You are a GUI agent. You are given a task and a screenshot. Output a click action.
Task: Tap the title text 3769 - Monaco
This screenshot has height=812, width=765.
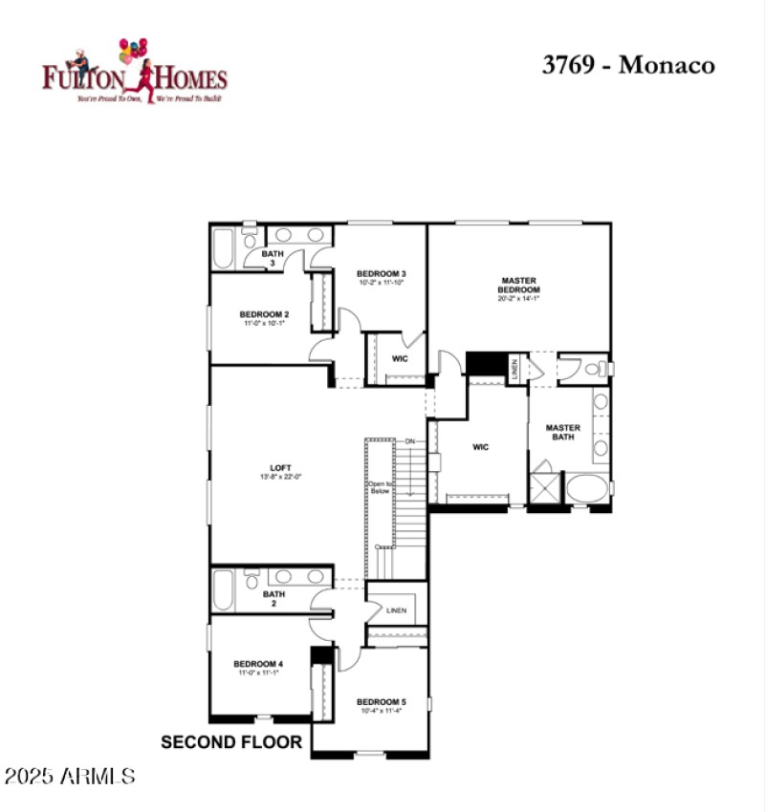pyautogui.click(x=628, y=65)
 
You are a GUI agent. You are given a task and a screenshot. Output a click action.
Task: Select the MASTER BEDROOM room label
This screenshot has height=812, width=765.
pyautogui.click(x=520, y=285)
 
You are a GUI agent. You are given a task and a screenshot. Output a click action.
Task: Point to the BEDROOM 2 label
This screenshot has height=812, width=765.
pyautogui.click(x=264, y=314)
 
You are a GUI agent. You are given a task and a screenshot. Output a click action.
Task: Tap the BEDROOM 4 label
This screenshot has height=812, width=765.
pyautogui.click(x=258, y=664)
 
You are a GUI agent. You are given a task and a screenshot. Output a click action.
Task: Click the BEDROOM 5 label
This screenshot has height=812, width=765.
pyautogui.click(x=381, y=702)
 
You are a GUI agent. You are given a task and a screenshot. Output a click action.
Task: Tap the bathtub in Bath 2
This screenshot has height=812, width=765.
pyautogui.click(x=224, y=590)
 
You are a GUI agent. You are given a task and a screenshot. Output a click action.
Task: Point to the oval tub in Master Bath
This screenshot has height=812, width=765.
pyautogui.click(x=587, y=488)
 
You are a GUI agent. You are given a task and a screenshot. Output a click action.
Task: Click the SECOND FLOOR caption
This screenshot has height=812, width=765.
pyautogui.click(x=231, y=741)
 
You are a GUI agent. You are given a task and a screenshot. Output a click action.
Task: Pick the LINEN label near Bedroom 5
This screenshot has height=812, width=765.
pyautogui.click(x=396, y=610)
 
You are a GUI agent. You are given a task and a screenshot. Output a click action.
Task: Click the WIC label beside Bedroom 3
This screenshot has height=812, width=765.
pyautogui.click(x=400, y=359)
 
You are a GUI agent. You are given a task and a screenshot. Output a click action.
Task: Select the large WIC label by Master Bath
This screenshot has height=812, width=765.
pyautogui.click(x=480, y=446)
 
